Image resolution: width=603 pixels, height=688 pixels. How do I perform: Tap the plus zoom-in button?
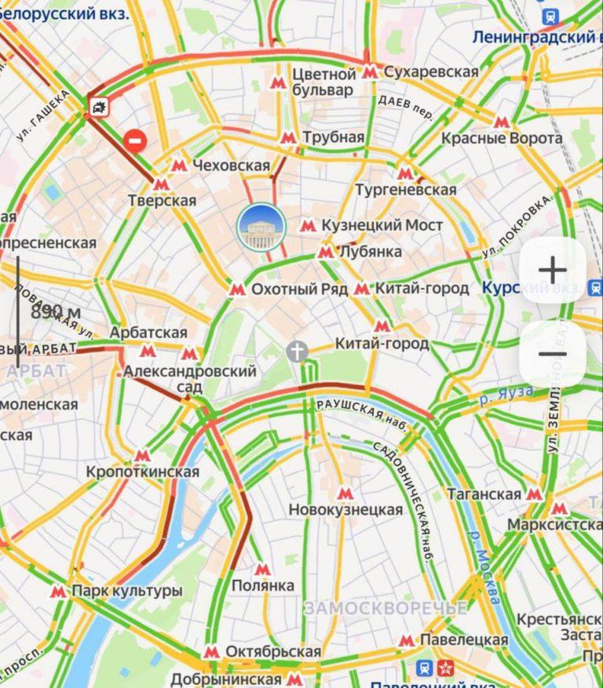point(553,270)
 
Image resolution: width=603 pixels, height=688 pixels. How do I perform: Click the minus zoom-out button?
point(553,353)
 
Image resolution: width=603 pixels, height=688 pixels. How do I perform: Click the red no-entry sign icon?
point(136,140)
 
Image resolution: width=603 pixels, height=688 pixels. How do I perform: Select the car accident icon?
point(98,107)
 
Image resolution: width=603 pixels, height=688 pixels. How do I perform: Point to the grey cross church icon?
point(297,351)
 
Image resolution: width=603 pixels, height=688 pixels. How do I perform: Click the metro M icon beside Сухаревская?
point(371,72)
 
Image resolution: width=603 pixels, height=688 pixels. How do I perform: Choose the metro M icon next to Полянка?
point(261,569)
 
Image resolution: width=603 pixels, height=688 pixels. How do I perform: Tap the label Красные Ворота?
point(502,139)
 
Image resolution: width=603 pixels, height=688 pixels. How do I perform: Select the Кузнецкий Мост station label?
point(382,226)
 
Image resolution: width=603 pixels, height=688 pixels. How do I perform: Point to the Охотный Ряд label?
point(299,289)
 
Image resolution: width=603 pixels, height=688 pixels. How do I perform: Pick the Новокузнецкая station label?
point(345,510)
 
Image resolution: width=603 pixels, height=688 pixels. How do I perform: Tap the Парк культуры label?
point(127,591)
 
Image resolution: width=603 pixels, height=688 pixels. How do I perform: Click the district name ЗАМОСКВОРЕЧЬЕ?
point(385,608)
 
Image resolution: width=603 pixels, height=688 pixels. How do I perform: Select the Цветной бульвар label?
point(323,82)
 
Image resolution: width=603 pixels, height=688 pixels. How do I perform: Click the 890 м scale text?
point(57,312)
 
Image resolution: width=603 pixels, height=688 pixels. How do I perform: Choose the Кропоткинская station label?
point(143,472)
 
